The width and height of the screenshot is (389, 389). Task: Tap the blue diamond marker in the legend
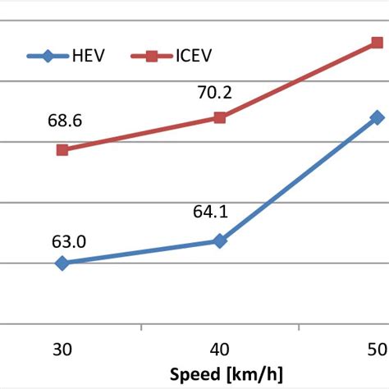(x=48, y=57)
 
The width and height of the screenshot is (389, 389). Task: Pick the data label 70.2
(x=214, y=92)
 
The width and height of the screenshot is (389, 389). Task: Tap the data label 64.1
(x=210, y=213)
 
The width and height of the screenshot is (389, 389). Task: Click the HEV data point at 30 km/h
(x=62, y=263)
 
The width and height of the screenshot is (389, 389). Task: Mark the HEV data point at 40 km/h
(x=220, y=240)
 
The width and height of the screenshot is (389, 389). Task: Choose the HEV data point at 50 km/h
(x=378, y=117)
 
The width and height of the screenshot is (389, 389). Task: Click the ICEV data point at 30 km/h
(x=62, y=149)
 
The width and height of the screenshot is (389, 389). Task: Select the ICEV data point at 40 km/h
(x=220, y=117)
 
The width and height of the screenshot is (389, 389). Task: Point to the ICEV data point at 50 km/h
(x=378, y=41)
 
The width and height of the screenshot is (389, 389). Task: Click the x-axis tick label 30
(x=62, y=348)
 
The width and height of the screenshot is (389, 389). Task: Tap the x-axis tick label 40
(x=220, y=348)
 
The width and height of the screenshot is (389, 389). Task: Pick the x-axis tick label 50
(x=378, y=348)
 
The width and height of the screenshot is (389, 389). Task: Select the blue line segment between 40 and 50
(x=299, y=179)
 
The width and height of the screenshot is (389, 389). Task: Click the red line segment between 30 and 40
(x=140, y=134)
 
